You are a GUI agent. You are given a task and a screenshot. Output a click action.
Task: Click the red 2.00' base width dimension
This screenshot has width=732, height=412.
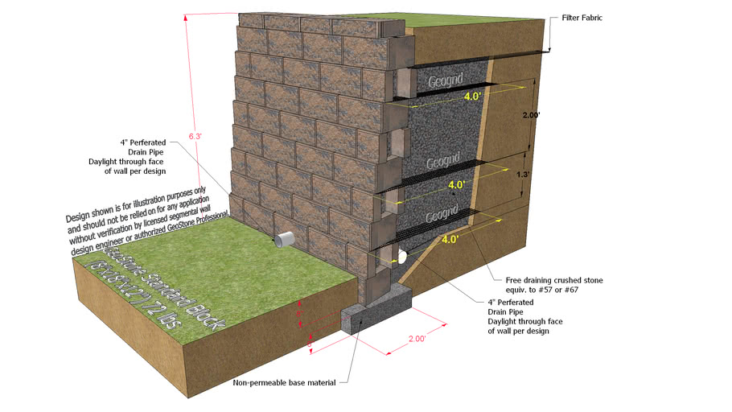[x=416, y=340]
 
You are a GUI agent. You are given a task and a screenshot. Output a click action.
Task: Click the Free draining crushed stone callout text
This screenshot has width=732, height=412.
[x=554, y=285]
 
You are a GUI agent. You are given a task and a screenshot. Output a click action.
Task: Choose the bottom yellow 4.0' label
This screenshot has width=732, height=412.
[x=450, y=239]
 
